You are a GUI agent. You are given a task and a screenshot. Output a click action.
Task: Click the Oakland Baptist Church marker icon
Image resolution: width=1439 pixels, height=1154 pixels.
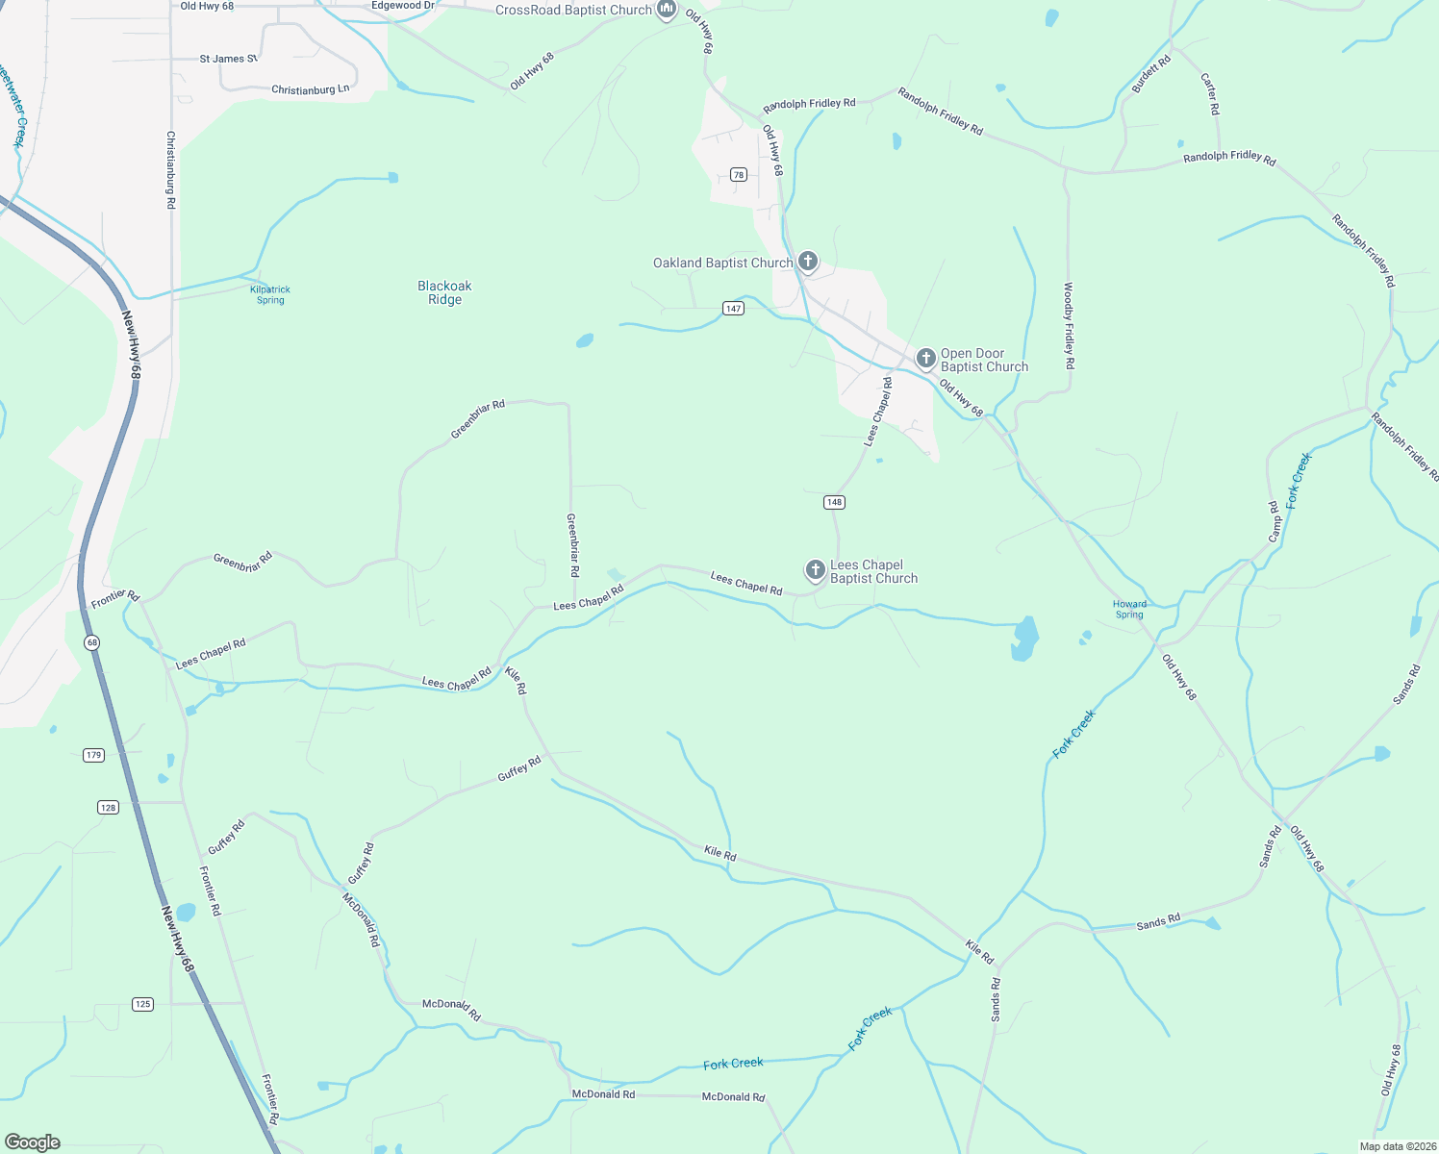(808, 261)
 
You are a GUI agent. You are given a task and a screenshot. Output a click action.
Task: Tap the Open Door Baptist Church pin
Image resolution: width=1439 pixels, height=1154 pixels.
(925, 359)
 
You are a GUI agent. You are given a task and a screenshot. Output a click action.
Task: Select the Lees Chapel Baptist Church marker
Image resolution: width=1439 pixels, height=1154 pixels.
(816, 570)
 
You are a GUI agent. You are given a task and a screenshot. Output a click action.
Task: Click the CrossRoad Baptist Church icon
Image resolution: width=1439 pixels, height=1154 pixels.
(666, 10)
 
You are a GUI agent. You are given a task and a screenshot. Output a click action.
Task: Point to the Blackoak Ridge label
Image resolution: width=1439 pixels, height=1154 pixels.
(444, 292)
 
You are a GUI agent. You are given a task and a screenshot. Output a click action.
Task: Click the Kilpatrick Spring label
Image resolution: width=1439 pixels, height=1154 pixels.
(270, 294)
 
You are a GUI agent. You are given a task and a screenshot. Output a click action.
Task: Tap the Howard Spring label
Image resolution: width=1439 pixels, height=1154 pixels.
(1129, 610)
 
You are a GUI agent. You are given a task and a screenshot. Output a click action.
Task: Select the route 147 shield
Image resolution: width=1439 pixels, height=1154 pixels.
(734, 308)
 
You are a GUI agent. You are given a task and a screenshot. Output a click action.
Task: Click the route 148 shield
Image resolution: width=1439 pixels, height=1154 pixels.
(834, 502)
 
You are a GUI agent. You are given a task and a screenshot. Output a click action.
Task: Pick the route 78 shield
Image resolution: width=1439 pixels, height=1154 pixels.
(738, 174)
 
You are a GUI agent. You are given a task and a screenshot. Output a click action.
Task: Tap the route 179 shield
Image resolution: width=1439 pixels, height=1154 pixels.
(93, 755)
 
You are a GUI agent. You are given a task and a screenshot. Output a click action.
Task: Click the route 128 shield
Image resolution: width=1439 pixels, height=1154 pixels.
(108, 807)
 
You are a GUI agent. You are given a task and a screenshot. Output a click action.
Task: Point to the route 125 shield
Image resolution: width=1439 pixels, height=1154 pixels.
(142, 1004)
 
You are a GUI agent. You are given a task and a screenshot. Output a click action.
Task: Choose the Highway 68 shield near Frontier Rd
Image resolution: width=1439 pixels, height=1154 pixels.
(91, 641)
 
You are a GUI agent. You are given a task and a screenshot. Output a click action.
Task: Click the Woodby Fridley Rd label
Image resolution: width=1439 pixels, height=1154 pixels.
(1069, 326)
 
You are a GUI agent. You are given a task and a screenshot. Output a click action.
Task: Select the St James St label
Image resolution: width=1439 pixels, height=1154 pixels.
(228, 59)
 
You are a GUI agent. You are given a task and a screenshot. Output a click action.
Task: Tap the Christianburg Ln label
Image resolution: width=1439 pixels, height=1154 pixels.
(310, 89)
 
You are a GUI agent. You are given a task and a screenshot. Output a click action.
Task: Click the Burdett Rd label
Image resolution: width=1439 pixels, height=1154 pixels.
(1151, 74)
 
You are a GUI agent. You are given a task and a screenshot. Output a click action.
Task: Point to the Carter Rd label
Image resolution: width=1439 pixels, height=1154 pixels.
(1210, 94)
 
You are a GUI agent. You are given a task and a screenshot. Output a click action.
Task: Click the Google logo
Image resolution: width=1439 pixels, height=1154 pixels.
(33, 1142)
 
